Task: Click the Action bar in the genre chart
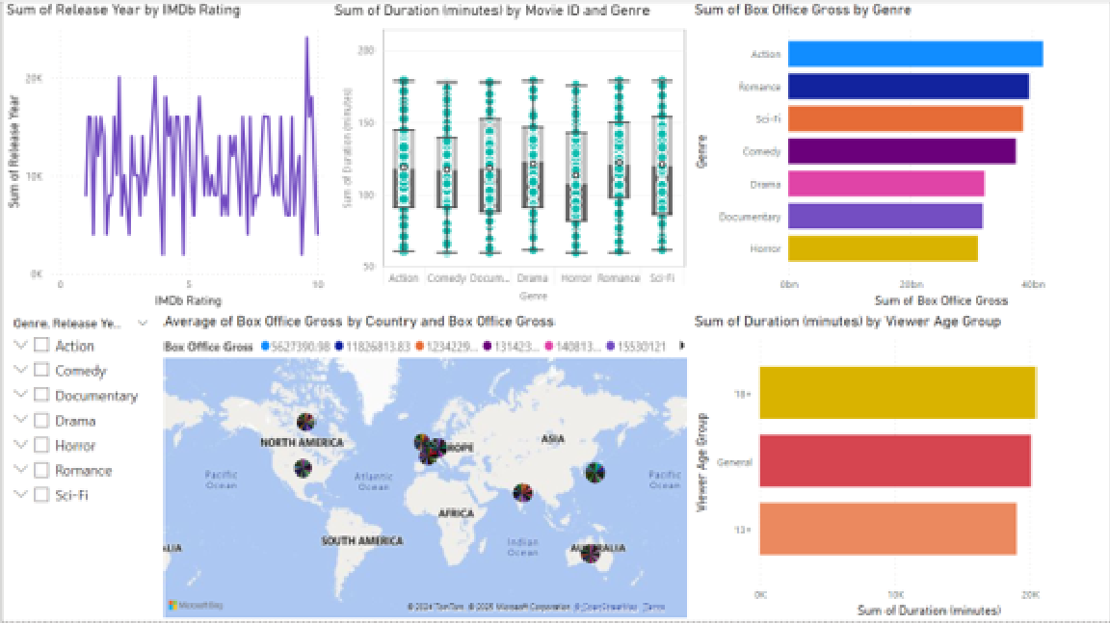pyautogui.click(x=914, y=54)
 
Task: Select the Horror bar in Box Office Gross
pyautogui.click(x=883, y=248)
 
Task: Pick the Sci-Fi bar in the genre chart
pyautogui.click(x=905, y=118)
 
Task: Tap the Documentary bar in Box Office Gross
pyautogui.click(x=885, y=216)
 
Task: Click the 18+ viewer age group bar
pyautogui.click(x=897, y=393)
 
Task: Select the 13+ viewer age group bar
pyautogui.click(x=887, y=529)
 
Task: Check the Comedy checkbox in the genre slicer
pyautogui.click(x=41, y=371)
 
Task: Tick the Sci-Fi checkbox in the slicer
pyautogui.click(x=41, y=495)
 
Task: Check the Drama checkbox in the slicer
pyautogui.click(x=41, y=421)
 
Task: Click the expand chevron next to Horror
pyautogui.click(x=21, y=446)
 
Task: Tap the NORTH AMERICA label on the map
pyautogui.click(x=302, y=443)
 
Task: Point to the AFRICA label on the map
pyautogui.click(x=456, y=513)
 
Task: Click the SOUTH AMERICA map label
pyautogui.click(x=362, y=541)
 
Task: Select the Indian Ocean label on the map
pyautogui.click(x=522, y=547)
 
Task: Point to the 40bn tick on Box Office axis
pyautogui.click(x=1033, y=286)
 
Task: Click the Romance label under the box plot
pyautogui.click(x=619, y=278)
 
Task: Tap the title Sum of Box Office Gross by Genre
pyautogui.click(x=803, y=11)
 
